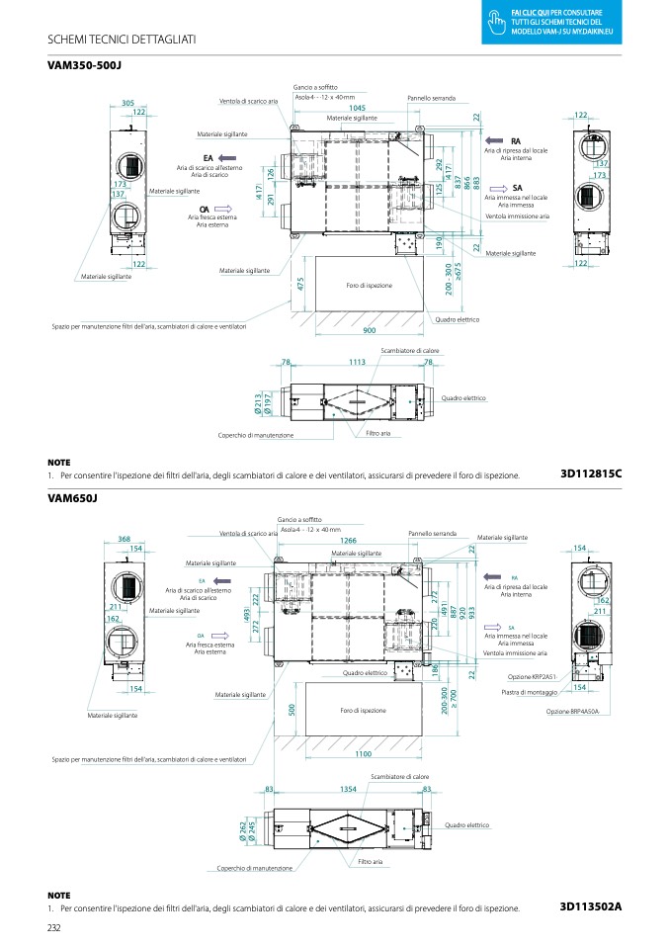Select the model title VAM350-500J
(90, 65)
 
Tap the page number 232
(54, 926)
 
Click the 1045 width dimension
(357, 108)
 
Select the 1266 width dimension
(348, 541)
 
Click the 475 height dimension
(299, 284)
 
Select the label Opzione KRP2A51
(532, 676)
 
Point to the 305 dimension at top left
(127, 103)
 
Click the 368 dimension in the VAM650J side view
(125, 539)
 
